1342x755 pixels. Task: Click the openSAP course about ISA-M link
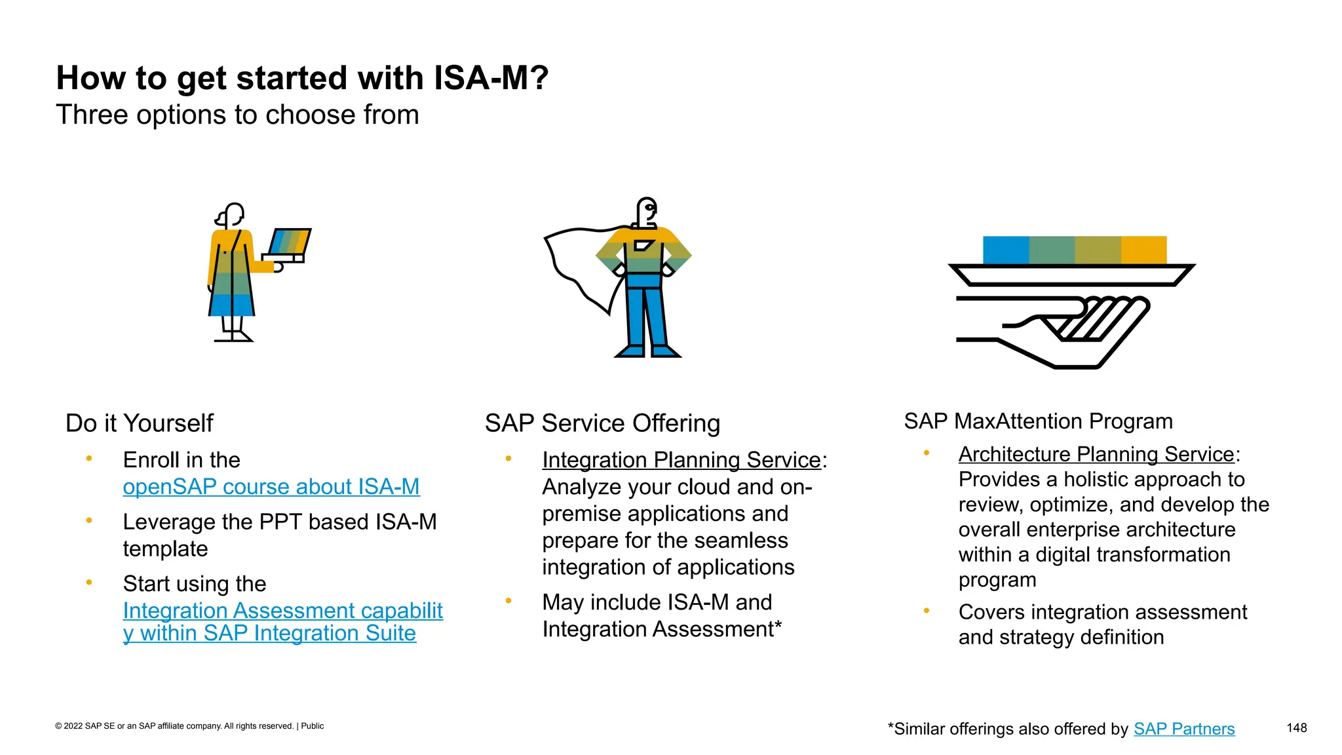coord(271,487)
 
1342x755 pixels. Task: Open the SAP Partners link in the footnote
coord(1183,729)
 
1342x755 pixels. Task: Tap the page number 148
coord(1296,727)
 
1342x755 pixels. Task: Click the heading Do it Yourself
coord(139,423)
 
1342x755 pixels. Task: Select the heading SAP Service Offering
coord(602,423)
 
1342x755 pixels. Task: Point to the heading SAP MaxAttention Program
coord(1038,421)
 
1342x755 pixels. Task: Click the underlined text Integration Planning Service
coord(681,460)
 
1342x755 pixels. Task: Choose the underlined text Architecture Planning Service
coord(1096,454)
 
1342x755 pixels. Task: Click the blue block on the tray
coord(1005,250)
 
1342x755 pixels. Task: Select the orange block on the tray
coord(1143,250)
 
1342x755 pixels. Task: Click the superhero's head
coord(647,211)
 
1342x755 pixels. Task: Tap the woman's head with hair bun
coord(231,215)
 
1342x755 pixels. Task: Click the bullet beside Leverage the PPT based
coord(89,521)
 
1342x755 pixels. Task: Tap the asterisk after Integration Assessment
coord(778,627)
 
